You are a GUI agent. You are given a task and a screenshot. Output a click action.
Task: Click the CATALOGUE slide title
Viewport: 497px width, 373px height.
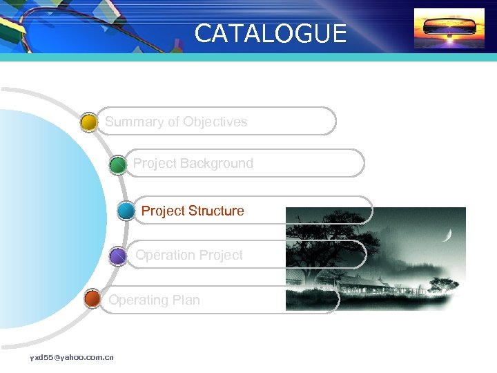271,33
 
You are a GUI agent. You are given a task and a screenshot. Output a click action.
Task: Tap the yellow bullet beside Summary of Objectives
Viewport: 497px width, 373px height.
88,123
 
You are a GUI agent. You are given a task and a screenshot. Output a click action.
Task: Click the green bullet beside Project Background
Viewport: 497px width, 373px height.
118,165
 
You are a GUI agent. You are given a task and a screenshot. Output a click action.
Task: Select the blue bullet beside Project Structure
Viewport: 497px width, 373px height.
126,211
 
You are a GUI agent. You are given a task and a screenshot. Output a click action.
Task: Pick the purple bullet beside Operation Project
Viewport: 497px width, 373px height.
118,256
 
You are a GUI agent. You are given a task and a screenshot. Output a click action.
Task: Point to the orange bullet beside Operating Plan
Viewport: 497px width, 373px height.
92,300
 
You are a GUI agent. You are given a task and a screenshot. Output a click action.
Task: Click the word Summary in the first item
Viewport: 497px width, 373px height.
134,122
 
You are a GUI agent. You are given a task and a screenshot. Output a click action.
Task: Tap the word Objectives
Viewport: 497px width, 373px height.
215,122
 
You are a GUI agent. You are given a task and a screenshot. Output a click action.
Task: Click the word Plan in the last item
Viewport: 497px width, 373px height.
186,300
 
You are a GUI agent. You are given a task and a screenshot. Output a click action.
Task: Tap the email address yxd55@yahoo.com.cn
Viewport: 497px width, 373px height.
72,357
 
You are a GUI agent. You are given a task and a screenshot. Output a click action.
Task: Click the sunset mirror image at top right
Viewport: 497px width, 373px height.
449,29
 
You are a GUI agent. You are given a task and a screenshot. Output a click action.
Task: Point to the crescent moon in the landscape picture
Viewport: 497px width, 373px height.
448,236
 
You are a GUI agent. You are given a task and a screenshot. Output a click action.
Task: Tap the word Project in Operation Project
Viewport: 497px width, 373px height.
220,256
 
